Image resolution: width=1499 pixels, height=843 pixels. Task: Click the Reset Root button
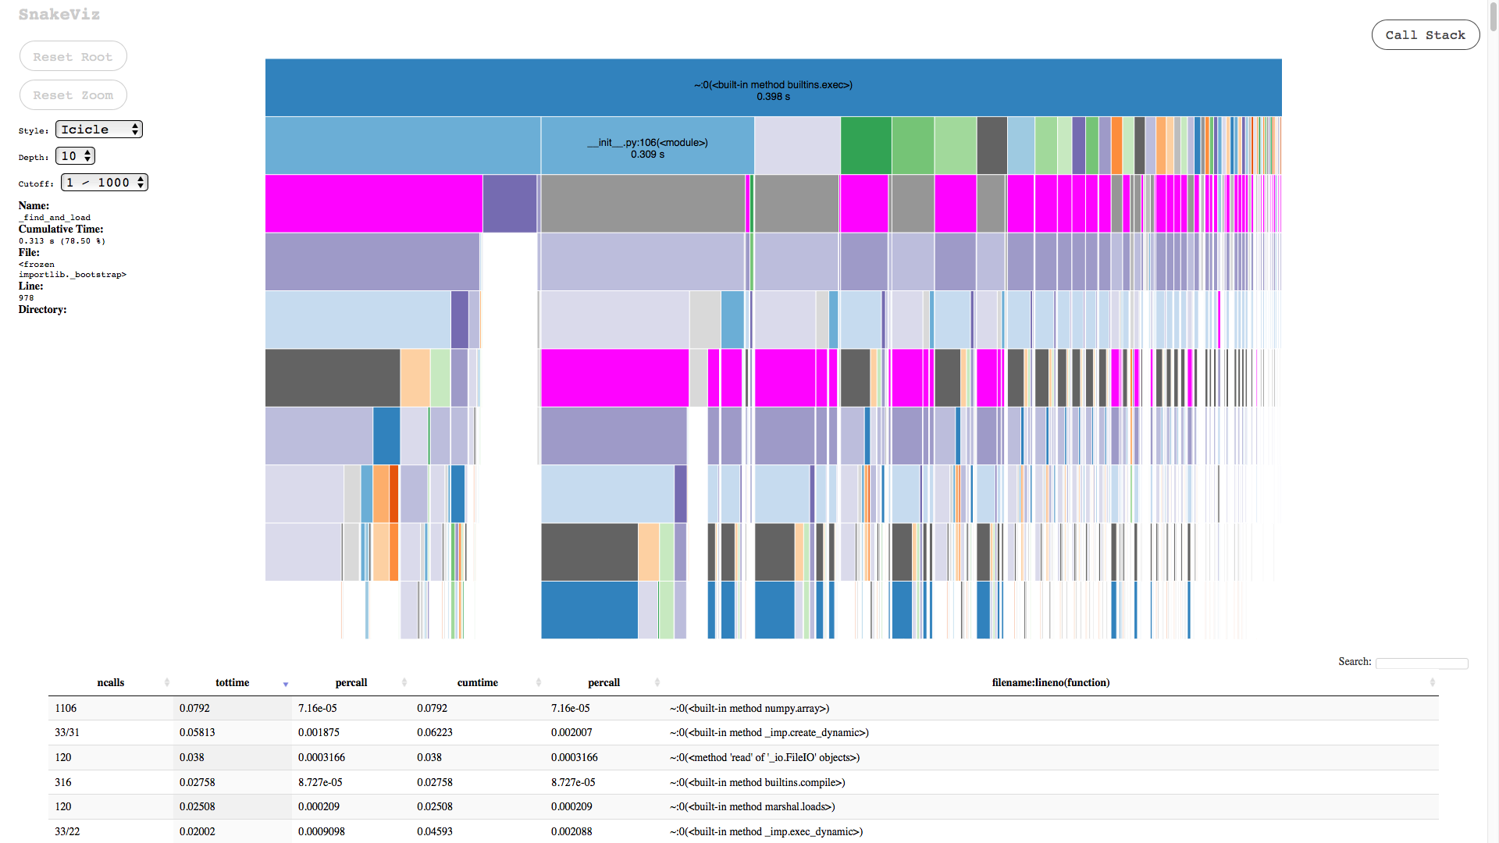[73, 57]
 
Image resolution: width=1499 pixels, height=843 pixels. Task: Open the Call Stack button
[1425, 35]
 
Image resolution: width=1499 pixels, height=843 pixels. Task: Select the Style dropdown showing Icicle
[99, 130]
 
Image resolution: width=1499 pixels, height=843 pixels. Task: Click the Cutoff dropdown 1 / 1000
[105, 183]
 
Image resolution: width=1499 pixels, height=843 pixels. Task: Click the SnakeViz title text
[59, 15]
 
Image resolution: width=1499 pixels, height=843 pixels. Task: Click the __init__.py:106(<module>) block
[647, 147]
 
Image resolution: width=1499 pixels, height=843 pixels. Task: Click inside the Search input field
[1421, 663]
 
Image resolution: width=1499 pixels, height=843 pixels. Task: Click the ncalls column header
[111, 683]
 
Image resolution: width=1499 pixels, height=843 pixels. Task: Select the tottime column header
[233, 683]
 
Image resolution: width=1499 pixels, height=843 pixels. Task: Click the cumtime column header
[477, 683]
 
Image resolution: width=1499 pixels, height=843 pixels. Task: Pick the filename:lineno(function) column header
[1050, 683]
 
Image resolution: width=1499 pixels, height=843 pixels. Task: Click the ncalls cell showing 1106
[66, 709]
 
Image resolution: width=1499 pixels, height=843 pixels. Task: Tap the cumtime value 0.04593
[435, 832]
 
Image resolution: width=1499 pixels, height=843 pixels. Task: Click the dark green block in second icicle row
[866, 146]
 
